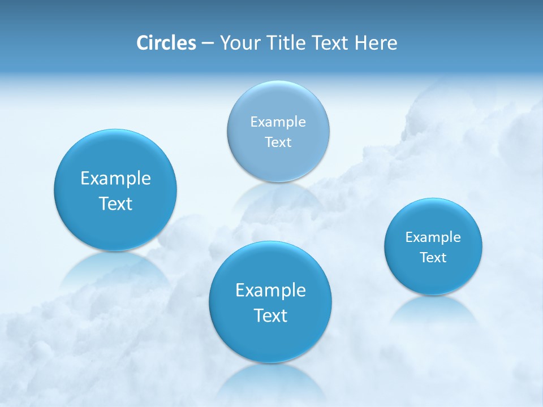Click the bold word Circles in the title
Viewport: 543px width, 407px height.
(x=166, y=43)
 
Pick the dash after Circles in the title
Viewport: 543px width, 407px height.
(x=208, y=44)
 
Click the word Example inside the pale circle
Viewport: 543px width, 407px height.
(x=278, y=122)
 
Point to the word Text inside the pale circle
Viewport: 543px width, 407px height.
(x=278, y=142)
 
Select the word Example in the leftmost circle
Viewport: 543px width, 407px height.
(x=115, y=179)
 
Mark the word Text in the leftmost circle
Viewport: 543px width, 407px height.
(x=115, y=203)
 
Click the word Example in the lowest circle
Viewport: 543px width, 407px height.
(x=270, y=291)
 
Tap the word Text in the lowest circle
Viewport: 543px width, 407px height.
(x=270, y=315)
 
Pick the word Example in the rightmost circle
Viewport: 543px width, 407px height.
(x=433, y=237)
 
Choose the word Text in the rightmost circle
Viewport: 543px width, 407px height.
(x=433, y=258)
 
